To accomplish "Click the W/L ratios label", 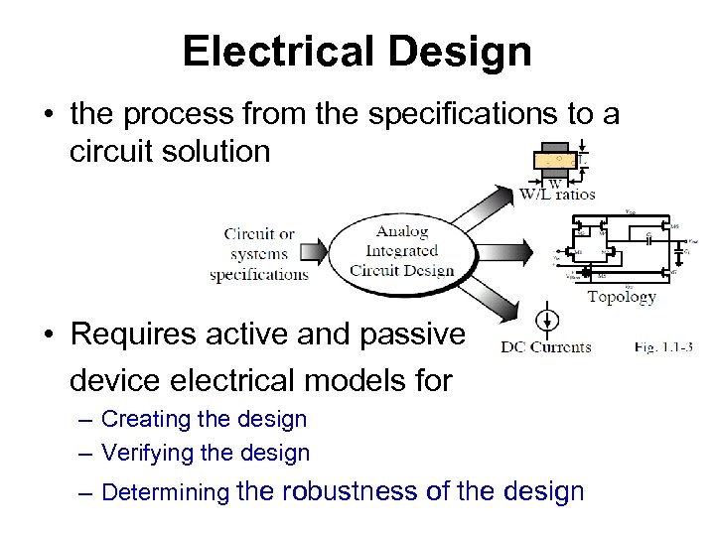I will click(x=557, y=194).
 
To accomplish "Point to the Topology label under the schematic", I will click(x=622, y=296).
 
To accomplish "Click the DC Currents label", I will click(x=546, y=346).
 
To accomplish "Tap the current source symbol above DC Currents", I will click(x=544, y=320).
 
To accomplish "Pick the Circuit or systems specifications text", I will click(x=259, y=254).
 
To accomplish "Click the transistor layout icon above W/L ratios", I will click(x=558, y=159).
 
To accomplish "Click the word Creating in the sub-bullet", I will click(x=146, y=419).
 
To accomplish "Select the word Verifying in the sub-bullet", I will click(x=147, y=454).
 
